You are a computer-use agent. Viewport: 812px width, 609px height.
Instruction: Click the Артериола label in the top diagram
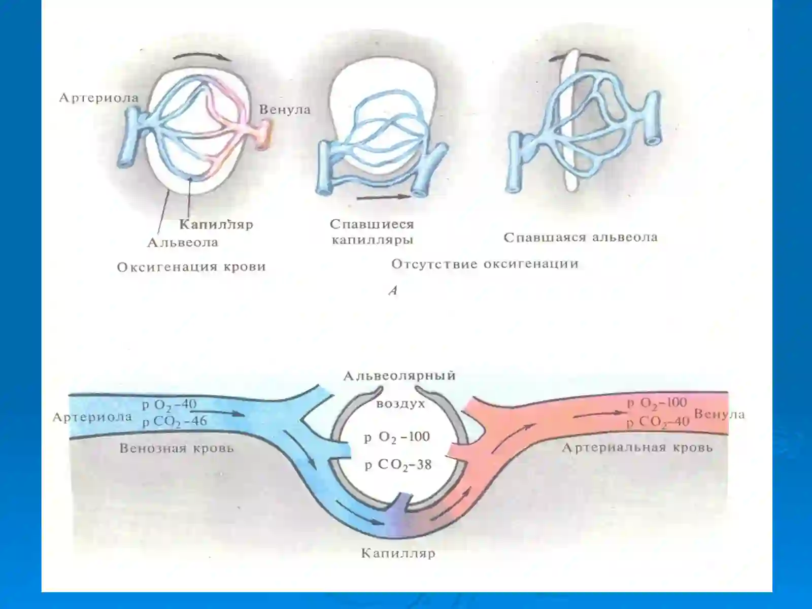point(99,98)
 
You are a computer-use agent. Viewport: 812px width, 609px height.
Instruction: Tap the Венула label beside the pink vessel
point(285,110)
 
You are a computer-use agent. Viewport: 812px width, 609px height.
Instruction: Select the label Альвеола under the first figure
point(183,243)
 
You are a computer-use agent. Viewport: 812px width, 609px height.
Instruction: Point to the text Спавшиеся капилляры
point(372,232)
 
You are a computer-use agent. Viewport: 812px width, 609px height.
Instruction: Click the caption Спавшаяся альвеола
point(581,237)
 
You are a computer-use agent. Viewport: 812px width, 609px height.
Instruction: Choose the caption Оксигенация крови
point(191,267)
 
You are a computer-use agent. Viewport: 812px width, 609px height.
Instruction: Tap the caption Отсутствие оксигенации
point(485,264)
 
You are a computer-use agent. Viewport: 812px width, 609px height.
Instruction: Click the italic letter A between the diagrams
point(393,291)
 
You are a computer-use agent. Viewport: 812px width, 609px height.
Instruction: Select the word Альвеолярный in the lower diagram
point(399,376)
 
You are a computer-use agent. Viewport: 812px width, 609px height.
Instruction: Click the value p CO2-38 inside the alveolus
point(398,465)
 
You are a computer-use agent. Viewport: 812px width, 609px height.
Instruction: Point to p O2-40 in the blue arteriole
point(169,404)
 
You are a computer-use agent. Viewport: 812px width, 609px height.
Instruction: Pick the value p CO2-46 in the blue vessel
point(175,422)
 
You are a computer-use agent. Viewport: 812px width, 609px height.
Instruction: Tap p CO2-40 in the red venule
point(658,422)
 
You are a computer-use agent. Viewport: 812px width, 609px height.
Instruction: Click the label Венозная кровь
point(177,449)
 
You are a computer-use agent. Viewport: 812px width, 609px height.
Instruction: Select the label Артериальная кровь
point(637,448)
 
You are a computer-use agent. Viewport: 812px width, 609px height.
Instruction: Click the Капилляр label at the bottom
point(398,554)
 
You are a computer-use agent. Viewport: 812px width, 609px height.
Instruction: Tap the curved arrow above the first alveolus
point(202,55)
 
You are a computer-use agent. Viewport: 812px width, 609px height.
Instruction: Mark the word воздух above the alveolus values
point(400,404)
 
